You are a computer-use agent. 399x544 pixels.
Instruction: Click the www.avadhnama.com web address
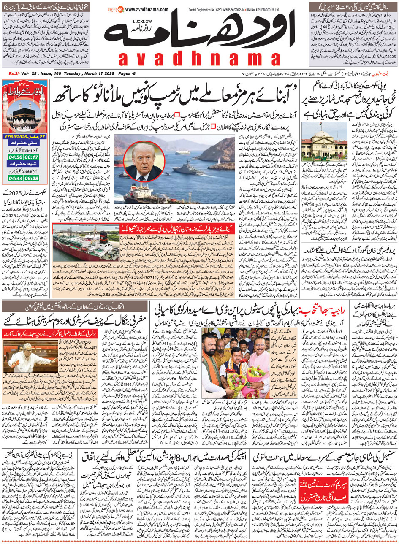pyautogui.click(x=147, y=10)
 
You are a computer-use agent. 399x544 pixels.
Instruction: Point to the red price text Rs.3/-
pyautogui.click(x=15, y=74)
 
